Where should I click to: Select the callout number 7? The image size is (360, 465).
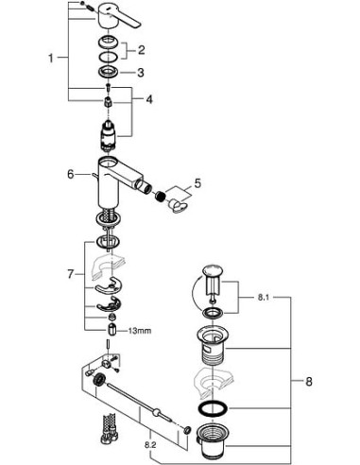(x=68, y=273)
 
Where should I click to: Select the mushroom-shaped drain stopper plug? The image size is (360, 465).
(x=212, y=283)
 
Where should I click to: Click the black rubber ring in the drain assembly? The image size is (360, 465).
(x=214, y=409)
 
